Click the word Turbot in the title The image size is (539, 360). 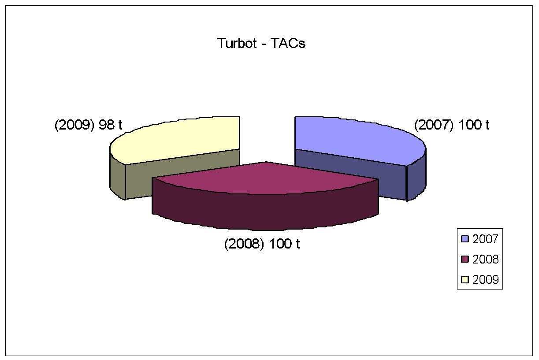pos(237,44)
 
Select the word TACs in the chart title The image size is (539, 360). pos(288,44)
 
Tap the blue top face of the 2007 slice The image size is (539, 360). pos(356,140)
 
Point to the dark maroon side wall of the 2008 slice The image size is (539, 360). pos(265,212)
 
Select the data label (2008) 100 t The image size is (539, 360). pos(262,244)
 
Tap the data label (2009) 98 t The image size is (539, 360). pos(88,125)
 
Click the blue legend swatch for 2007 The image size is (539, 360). pos(465,239)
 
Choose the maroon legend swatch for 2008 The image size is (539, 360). pos(465,259)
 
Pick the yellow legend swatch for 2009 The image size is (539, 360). pos(465,279)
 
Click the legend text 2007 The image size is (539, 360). pos(485,239)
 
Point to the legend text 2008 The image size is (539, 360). pos(485,260)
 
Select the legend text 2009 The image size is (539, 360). pos(485,280)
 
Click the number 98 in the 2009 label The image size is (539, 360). pos(107,125)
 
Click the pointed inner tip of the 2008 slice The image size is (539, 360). pos(266,162)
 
